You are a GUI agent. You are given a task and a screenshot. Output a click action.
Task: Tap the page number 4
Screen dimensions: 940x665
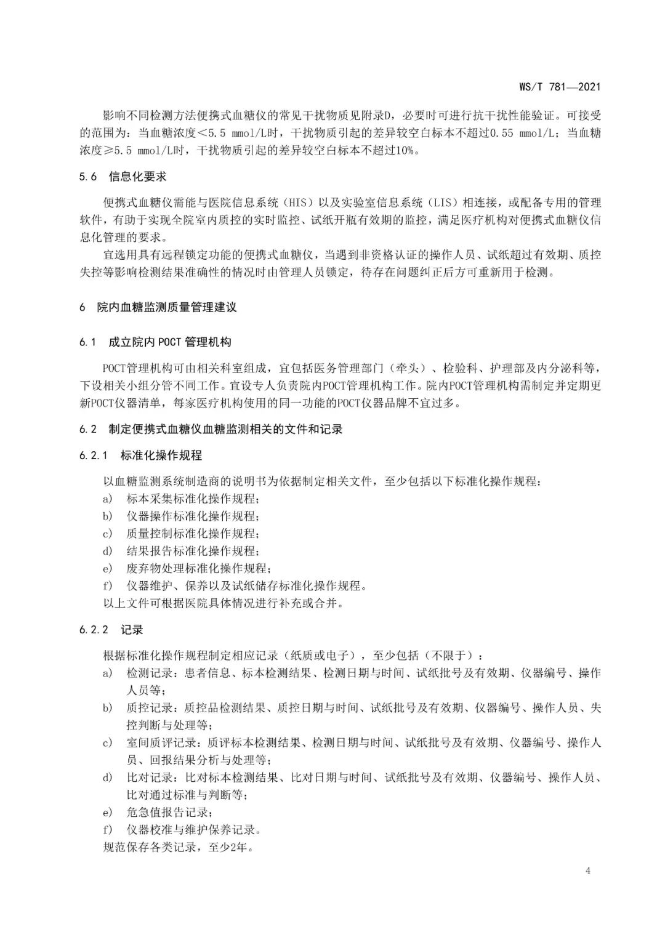click(588, 870)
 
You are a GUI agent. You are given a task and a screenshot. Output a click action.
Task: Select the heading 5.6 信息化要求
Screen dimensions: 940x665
click(123, 177)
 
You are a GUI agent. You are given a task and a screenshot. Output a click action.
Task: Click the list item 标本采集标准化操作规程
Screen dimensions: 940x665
click(193, 499)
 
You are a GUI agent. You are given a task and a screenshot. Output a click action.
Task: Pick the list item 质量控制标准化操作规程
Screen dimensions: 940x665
click(193, 533)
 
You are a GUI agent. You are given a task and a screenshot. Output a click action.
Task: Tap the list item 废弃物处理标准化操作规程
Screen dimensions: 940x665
click(198, 568)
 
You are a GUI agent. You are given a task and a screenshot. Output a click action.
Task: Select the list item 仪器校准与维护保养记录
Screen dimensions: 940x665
click(193, 829)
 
